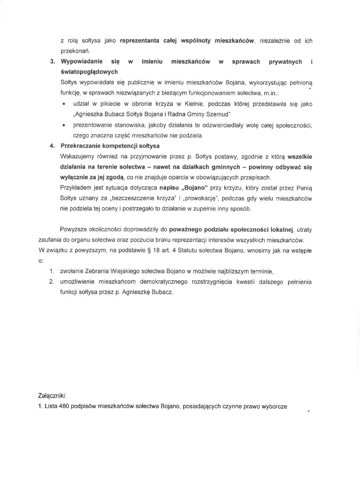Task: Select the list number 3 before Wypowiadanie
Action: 52,62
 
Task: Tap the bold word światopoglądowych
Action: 89,72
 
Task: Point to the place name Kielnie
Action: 192,104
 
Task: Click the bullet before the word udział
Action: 64,104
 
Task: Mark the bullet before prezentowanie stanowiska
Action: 64,125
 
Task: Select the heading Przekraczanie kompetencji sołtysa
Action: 110,146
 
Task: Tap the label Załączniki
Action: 52,396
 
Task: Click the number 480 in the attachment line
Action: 64,407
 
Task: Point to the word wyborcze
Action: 274,407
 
